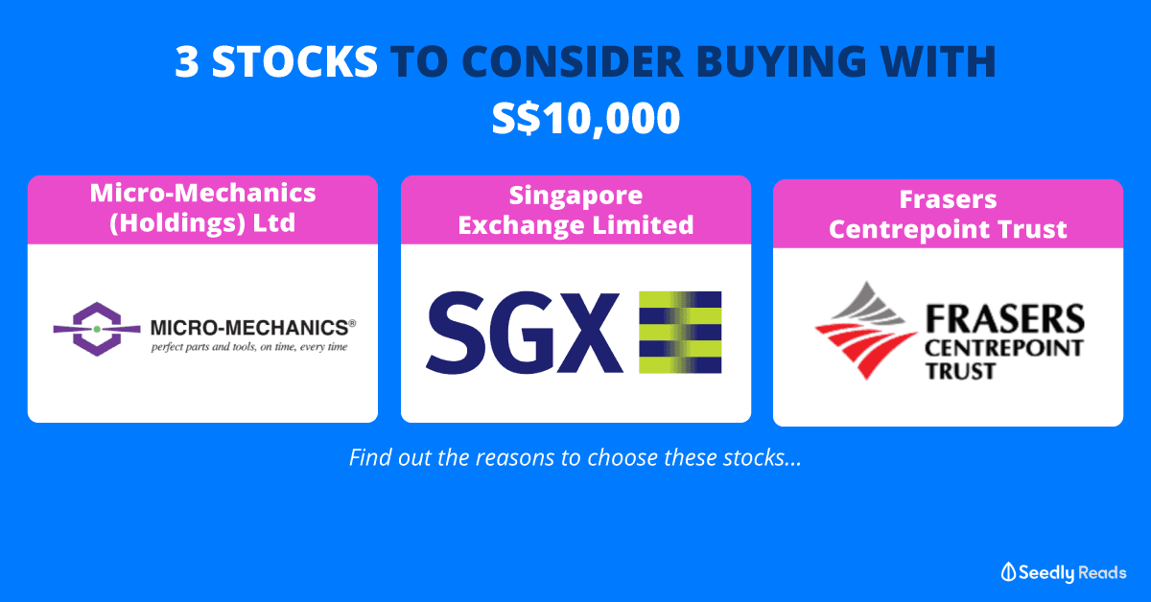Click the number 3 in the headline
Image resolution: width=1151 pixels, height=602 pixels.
pyautogui.click(x=186, y=61)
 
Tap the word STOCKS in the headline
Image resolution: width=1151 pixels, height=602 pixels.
pyautogui.click(x=294, y=61)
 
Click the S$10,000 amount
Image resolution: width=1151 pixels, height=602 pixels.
pyautogui.click(x=586, y=118)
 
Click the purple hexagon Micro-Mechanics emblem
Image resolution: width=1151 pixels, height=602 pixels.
pyautogui.click(x=97, y=329)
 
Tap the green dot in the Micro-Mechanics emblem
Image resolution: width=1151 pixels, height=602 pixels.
pyautogui.click(x=97, y=329)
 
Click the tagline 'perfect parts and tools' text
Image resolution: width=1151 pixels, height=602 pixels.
pyautogui.click(x=249, y=347)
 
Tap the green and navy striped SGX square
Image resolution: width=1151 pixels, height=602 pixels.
pyautogui.click(x=680, y=333)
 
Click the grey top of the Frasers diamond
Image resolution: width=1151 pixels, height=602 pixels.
pyautogui.click(x=868, y=303)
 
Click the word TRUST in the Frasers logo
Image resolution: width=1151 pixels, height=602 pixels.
pyautogui.click(x=960, y=371)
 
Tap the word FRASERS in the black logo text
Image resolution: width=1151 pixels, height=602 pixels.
pyautogui.click(x=1005, y=319)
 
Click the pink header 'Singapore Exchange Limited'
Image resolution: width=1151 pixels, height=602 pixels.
pyautogui.click(x=575, y=210)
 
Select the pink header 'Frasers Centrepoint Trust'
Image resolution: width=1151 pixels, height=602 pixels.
pyautogui.click(x=948, y=214)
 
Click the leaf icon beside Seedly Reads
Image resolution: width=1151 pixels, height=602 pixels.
pyautogui.click(x=1008, y=572)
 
